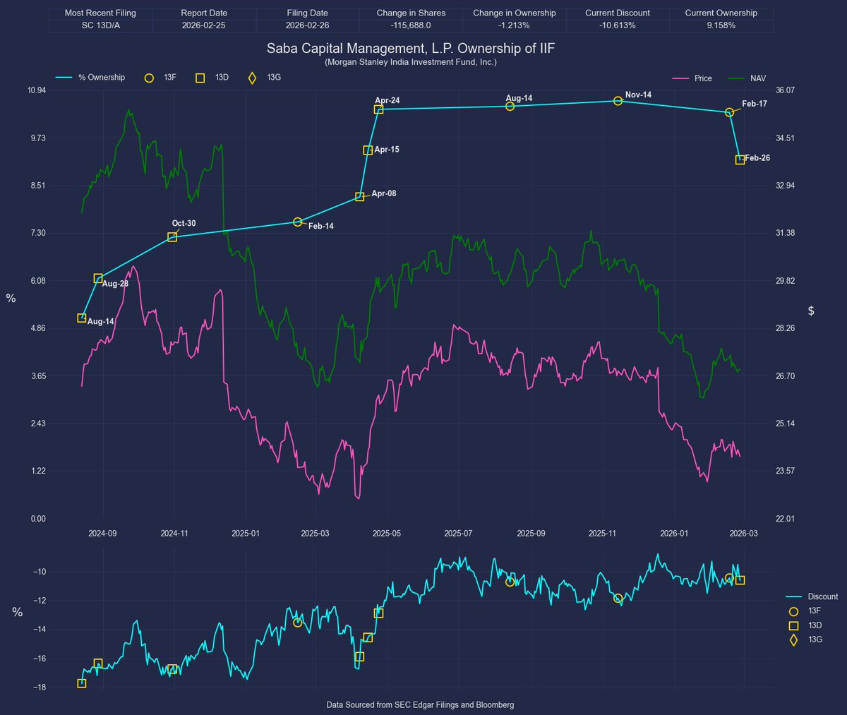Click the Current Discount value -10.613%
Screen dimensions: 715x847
[617, 25]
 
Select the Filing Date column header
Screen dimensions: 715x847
[307, 13]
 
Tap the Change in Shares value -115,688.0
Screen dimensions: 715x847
[411, 25]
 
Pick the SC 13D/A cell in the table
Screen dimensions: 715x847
[100, 25]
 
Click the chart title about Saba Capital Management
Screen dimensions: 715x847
[411, 49]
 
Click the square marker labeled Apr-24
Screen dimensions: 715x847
[378, 109]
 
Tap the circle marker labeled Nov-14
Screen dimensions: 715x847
[618, 101]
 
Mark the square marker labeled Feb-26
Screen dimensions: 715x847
[740, 160]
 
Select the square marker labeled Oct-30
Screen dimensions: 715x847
[172, 237]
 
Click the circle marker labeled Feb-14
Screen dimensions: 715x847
[297, 222]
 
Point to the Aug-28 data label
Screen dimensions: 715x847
[115, 284]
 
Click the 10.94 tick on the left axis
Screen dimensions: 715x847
[36, 90]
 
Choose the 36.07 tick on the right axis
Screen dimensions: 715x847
[785, 90]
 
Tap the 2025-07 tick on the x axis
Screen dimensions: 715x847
[458, 534]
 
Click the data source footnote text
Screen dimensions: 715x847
[420, 705]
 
